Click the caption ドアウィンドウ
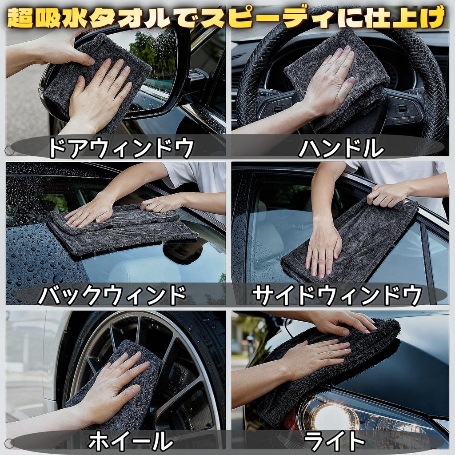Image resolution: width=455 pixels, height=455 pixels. tap(121, 148)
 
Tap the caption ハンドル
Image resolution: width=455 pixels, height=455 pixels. tap(340, 148)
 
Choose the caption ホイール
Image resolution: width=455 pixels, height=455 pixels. tap(130, 441)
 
